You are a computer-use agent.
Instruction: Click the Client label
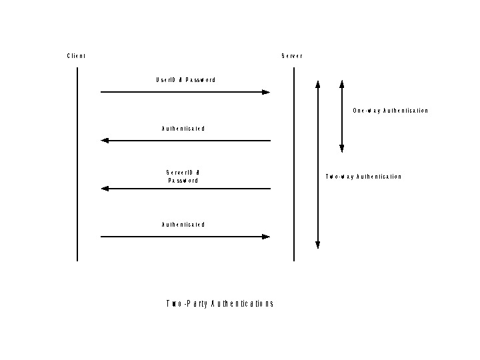[x=76, y=56]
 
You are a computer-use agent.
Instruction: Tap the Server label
[x=292, y=56]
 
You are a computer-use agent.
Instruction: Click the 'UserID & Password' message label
[x=185, y=80]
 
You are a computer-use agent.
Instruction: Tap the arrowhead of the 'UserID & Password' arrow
[x=267, y=92]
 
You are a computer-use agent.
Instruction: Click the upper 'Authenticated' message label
[x=183, y=128]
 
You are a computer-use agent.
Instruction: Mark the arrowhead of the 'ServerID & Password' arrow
[x=105, y=189]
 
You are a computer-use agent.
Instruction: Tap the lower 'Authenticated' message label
[x=183, y=225]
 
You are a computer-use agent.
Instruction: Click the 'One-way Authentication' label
[x=391, y=111]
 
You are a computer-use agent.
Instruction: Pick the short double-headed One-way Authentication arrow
[x=341, y=117]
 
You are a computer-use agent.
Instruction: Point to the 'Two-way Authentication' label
[x=363, y=177]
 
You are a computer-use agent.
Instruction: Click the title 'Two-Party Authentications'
[x=220, y=304]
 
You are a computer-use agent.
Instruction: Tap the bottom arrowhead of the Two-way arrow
[x=318, y=245]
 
